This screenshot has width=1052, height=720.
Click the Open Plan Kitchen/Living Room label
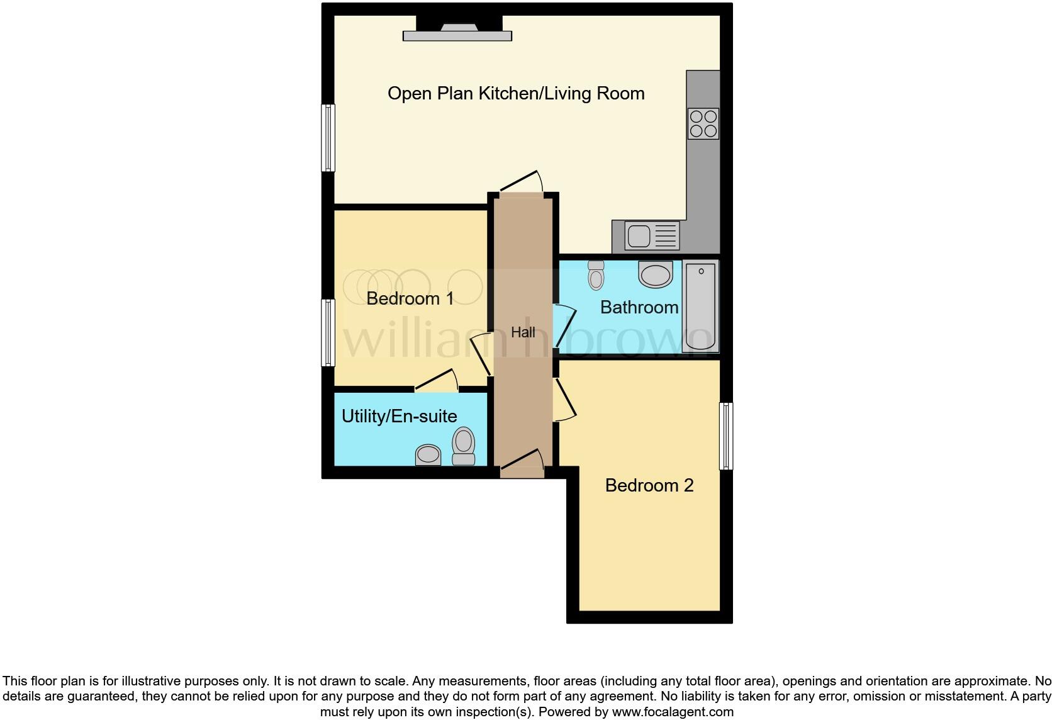516,94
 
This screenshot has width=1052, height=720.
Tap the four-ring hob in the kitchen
703,123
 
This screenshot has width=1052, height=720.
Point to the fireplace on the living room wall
457,31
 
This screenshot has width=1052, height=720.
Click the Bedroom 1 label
410,298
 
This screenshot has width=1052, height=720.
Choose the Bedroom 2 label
649,485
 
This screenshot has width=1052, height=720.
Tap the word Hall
523,332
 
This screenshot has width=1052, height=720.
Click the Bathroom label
639,307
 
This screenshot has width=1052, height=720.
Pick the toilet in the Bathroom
596,275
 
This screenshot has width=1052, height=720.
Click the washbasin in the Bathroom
655,274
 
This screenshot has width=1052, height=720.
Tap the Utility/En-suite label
399,416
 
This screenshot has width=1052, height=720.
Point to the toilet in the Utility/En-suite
464,446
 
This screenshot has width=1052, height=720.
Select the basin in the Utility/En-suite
428,454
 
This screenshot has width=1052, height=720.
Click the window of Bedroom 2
726,436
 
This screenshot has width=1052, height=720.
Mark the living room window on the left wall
328,138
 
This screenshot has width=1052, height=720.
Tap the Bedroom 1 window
328,332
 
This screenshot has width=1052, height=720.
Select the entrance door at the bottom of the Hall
522,466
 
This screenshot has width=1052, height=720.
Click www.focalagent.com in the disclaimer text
672,712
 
